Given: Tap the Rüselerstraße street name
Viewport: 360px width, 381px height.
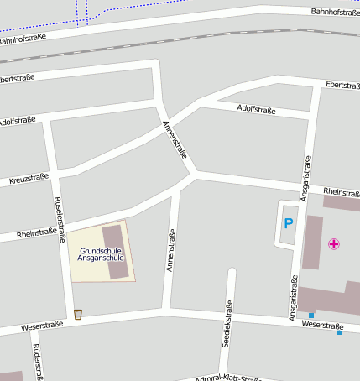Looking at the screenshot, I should (60, 220).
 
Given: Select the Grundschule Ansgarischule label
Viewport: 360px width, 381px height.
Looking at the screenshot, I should (101, 254).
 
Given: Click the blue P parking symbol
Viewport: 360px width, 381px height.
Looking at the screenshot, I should (288, 223).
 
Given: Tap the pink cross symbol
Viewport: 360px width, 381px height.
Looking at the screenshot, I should (334, 244).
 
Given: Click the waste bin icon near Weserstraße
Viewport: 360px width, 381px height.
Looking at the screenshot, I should (78, 315).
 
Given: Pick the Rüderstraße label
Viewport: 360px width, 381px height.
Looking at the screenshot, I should (36, 361).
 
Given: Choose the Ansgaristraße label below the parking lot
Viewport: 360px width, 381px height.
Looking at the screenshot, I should (294, 298).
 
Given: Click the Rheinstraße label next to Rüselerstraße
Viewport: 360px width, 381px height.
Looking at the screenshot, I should (36, 232).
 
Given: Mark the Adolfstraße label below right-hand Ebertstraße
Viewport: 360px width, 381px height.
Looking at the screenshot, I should (257, 109).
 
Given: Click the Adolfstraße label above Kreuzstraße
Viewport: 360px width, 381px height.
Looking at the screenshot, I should (18, 120).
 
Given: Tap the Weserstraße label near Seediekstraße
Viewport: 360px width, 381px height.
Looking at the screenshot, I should (323, 325).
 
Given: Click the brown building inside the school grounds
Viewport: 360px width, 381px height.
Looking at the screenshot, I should (116, 251).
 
